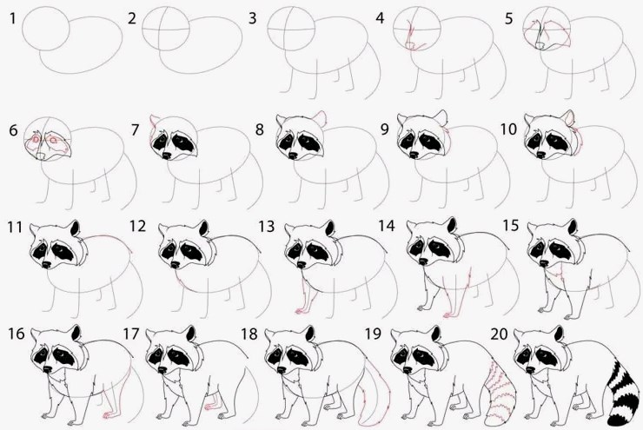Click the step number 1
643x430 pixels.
click(x=13, y=18)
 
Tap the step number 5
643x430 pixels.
click(x=509, y=18)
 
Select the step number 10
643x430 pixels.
click(x=508, y=129)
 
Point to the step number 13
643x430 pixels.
click(x=267, y=226)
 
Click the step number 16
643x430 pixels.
click(x=17, y=334)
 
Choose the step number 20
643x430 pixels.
click(x=499, y=334)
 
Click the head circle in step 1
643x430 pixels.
click(x=46, y=28)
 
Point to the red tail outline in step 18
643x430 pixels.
click(x=375, y=389)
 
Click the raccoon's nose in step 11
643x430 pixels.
click(x=47, y=264)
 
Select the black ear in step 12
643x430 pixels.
click(x=204, y=228)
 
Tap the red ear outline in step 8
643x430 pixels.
click(x=321, y=118)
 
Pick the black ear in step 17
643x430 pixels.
click(x=190, y=334)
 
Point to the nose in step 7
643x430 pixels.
click(x=167, y=155)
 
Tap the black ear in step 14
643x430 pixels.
click(x=452, y=225)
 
